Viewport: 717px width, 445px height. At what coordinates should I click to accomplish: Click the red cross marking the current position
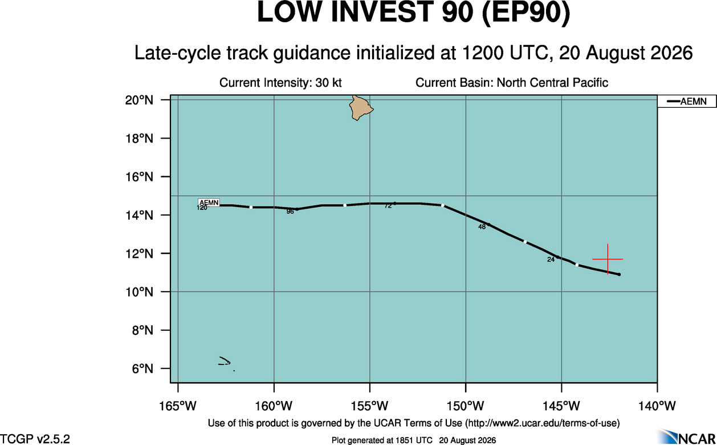point(608,259)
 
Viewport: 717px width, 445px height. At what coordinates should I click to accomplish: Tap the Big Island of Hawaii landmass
point(360,108)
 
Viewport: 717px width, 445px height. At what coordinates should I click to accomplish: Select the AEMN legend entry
point(687,102)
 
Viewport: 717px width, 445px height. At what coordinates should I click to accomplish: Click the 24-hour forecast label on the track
point(551,260)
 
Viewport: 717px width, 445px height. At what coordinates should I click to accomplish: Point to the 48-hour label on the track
point(482,227)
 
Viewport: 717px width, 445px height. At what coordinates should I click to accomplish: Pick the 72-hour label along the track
point(388,206)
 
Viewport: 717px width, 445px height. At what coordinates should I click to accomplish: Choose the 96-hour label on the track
point(290,212)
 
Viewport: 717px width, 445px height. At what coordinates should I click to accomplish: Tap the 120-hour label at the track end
point(202,208)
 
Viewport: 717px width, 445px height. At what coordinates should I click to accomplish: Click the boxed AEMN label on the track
point(209,203)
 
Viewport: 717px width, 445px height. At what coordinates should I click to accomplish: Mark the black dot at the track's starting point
point(619,274)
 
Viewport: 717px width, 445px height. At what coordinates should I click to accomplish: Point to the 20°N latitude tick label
point(139,100)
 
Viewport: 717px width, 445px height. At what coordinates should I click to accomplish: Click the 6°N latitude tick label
point(142,369)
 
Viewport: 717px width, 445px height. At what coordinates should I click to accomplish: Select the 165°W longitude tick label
point(178,406)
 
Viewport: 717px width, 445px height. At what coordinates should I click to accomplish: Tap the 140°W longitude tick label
point(657,406)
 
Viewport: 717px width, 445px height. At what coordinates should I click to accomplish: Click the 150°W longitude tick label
point(466,406)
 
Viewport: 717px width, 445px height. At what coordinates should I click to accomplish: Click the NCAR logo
point(686,437)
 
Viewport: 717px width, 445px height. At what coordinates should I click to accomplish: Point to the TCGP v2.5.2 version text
point(35,439)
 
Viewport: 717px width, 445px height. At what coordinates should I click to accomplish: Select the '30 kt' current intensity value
point(328,83)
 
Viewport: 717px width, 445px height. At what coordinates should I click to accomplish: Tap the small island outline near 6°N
point(225,361)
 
